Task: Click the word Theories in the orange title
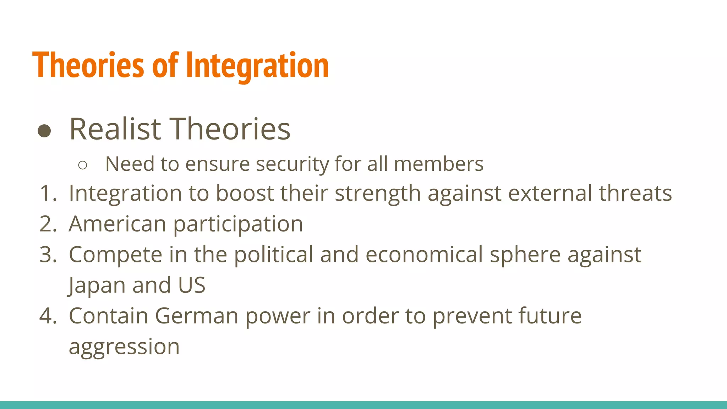pyautogui.click(x=88, y=65)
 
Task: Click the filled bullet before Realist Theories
pyautogui.click(x=44, y=131)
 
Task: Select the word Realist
pyautogui.click(x=115, y=129)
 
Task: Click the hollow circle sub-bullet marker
pyautogui.click(x=82, y=165)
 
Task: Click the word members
pyautogui.click(x=438, y=164)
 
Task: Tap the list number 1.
pyautogui.click(x=48, y=193)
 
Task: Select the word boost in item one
pyautogui.click(x=245, y=193)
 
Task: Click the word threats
pyautogui.click(x=635, y=193)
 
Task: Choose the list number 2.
pyautogui.click(x=48, y=224)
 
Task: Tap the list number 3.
pyautogui.click(x=48, y=255)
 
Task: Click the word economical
pyautogui.click(x=424, y=255)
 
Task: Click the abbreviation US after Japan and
pyautogui.click(x=192, y=285)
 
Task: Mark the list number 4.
pyautogui.click(x=48, y=316)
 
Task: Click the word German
pyautogui.click(x=196, y=316)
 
